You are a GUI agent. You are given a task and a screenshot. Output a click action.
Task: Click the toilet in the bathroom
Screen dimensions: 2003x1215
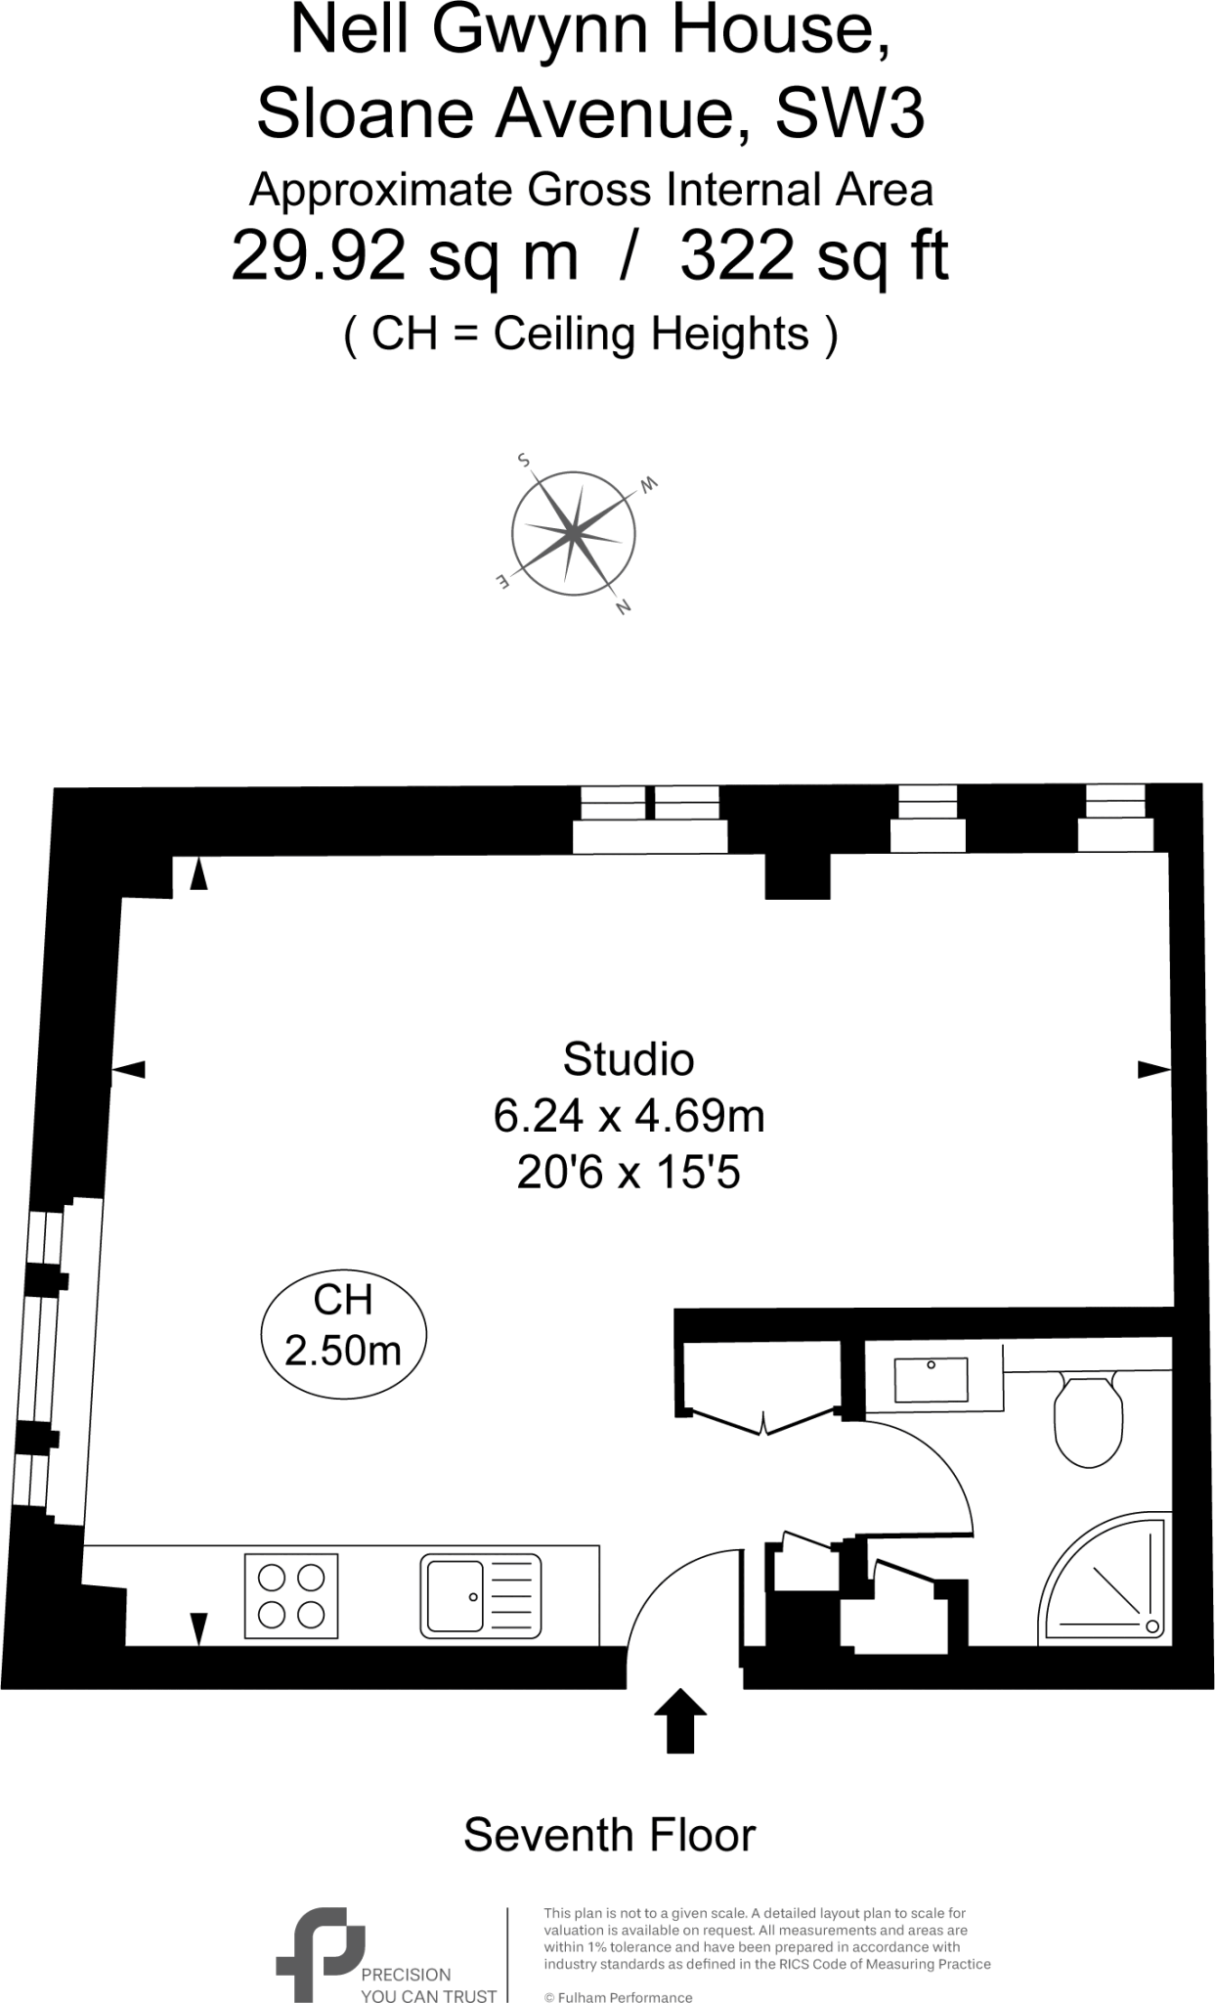point(1087,1421)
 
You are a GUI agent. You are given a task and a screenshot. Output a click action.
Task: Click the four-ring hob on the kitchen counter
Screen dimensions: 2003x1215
point(290,1596)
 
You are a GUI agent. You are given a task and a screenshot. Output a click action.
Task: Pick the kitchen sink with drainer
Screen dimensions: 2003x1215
point(480,1596)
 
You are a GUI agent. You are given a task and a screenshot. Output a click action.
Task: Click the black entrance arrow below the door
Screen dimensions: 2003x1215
point(679,1720)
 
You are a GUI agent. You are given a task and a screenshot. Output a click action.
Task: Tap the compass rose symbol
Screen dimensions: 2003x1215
point(573,534)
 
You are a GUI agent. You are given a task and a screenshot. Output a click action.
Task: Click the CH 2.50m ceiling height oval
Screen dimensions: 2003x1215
point(343,1326)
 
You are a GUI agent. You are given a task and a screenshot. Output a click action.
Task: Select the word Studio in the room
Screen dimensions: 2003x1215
point(629,1059)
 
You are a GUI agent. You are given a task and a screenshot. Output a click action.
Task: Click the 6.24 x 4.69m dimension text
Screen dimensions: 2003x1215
point(629,1116)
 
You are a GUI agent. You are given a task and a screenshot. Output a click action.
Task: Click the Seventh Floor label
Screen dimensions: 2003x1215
point(609,1836)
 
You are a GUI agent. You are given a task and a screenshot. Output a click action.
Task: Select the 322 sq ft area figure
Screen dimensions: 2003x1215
point(813,257)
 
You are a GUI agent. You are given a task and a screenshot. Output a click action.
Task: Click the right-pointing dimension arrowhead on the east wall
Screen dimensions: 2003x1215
point(1153,1070)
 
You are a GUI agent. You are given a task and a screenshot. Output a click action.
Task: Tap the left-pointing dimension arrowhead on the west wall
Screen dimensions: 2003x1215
point(129,1070)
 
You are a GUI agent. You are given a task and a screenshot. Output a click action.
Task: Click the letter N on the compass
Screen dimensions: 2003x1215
point(623,607)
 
